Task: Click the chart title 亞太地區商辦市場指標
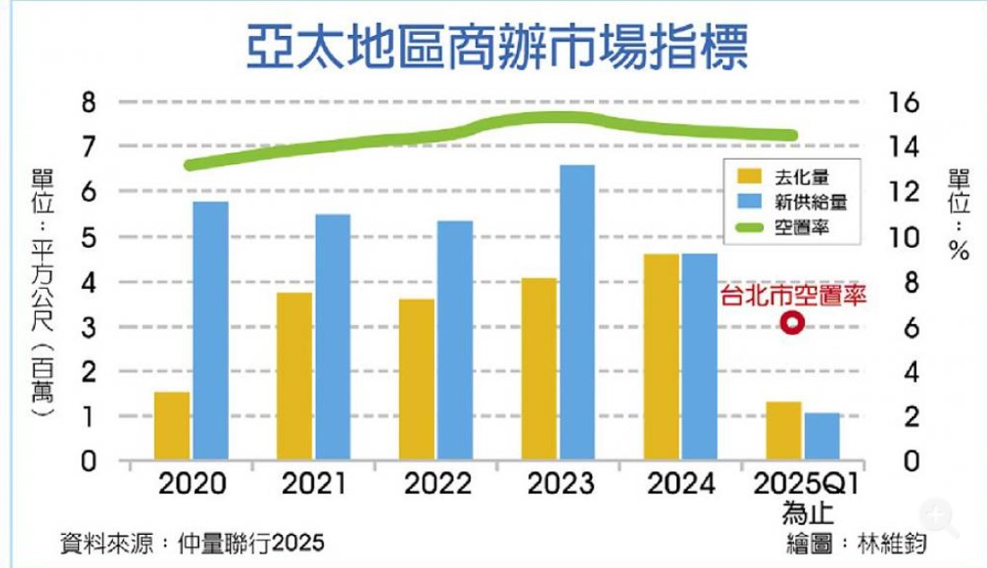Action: click(x=496, y=48)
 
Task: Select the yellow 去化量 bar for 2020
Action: click(x=172, y=427)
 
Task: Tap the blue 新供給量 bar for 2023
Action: click(x=577, y=314)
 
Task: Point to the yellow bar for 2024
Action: click(x=661, y=358)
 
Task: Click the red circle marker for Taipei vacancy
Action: click(x=791, y=325)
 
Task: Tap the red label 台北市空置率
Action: click(x=792, y=296)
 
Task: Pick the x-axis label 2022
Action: click(x=439, y=485)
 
